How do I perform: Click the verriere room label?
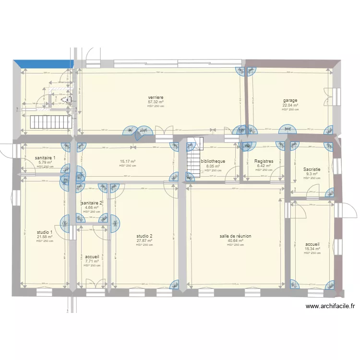[156, 97]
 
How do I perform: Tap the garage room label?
[290, 100]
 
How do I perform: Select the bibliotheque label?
[213, 161]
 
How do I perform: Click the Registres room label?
[264, 161]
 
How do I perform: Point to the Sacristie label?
[312, 169]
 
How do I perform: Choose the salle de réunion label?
[235, 236]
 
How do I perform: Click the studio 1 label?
[45, 232]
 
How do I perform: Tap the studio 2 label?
[144, 236]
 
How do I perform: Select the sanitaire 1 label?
[46, 158]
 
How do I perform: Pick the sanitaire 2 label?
[92, 203]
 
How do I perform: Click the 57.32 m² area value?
[156, 102]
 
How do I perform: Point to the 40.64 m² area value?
[235, 241]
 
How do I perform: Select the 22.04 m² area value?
[290, 105]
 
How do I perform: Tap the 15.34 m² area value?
[312, 249]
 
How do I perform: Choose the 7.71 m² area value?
[92, 262]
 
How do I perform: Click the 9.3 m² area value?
[312, 174]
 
